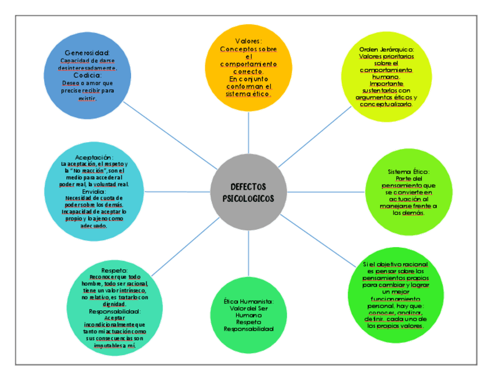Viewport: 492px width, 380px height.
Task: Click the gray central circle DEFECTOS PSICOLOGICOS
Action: pyautogui.click(x=249, y=192)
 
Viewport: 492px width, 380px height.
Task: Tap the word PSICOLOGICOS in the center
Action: pyautogui.click(x=249, y=198)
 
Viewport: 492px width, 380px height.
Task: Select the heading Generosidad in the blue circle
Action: pyautogui.click(x=86, y=53)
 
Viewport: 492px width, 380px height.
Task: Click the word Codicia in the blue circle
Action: pyautogui.click(x=88, y=75)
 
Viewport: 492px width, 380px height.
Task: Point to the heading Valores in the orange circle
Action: pyautogui.click(x=248, y=41)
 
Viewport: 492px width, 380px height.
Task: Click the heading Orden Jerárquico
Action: pyautogui.click(x=386, y=49)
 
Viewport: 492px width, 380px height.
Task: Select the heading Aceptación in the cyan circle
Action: pyautogui.click(x=93, y=157)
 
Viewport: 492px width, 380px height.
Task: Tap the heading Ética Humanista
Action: pyautogui.click(x=248, y=302)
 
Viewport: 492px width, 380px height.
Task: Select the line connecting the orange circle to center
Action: pyautogui.click(x=248, y=134)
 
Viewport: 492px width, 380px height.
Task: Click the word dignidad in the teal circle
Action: pyautogui.click(x=114, y=304)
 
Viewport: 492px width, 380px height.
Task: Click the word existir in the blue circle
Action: pyautogui.click(x=87, y=98)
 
